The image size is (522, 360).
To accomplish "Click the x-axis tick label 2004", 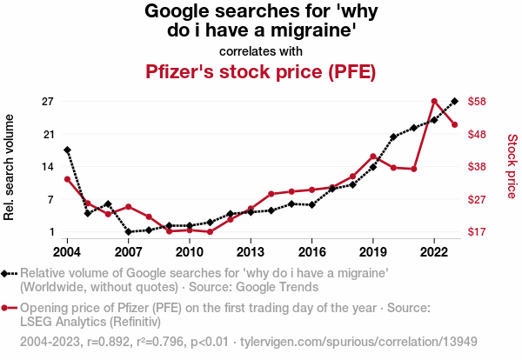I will click(x=67, y=252).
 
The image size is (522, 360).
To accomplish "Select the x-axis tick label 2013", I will click(x=251, y=252).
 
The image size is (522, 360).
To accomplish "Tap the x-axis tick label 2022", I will click(x=434, y=252).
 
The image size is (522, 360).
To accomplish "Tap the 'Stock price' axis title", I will click(x=512, y=165).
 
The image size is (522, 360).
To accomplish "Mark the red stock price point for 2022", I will click(x=434, y=102).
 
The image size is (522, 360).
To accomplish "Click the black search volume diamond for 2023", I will click(x=455, y=102).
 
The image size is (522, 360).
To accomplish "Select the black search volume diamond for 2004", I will click(x=67, y=150).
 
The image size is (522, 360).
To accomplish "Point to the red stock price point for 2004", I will click(x=67, y=179).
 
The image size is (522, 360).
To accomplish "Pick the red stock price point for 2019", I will click(x=373, y=157).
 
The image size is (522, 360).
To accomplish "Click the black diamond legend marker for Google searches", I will click(x=7, y=273).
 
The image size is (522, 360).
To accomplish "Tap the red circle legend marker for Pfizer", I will click(x=7, y=308).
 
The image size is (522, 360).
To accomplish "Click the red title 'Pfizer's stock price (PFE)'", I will click(x=261, y=71).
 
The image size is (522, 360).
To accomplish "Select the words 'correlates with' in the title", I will click(x=261, y=50).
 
